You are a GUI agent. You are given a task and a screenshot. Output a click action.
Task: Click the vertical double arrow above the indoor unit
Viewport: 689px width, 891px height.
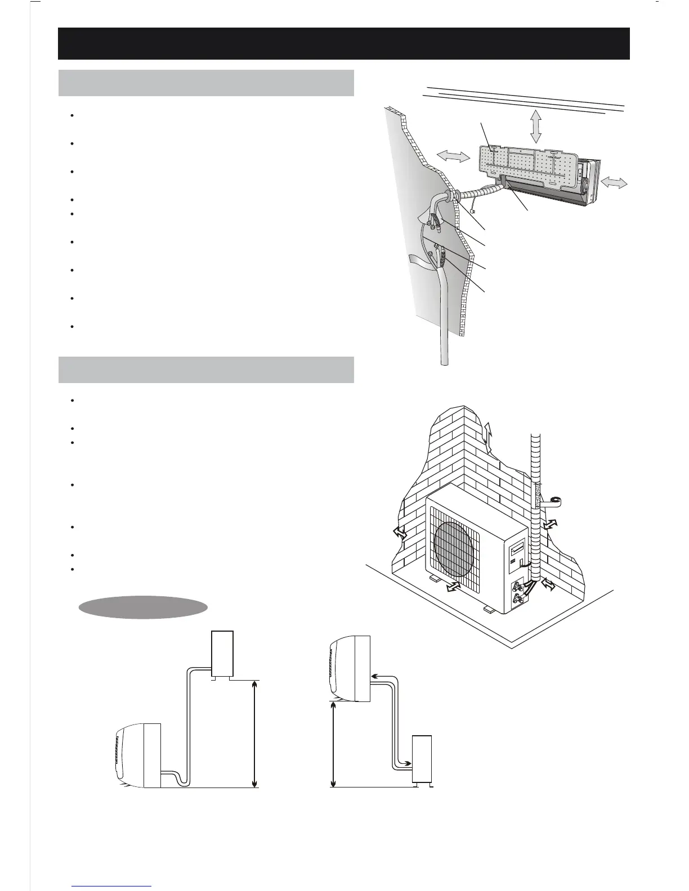(535, 127)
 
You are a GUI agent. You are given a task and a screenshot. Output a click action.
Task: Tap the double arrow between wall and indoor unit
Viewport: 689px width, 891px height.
(453, 157)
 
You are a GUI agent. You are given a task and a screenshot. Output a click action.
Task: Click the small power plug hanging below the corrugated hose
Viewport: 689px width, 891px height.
(475, 211)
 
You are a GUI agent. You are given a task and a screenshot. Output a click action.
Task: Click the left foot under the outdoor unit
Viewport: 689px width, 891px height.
(436, 578)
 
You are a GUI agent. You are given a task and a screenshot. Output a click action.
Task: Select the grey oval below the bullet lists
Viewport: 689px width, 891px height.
(143, 607)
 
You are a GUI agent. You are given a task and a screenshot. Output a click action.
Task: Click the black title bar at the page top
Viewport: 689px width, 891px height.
(343, 43)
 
